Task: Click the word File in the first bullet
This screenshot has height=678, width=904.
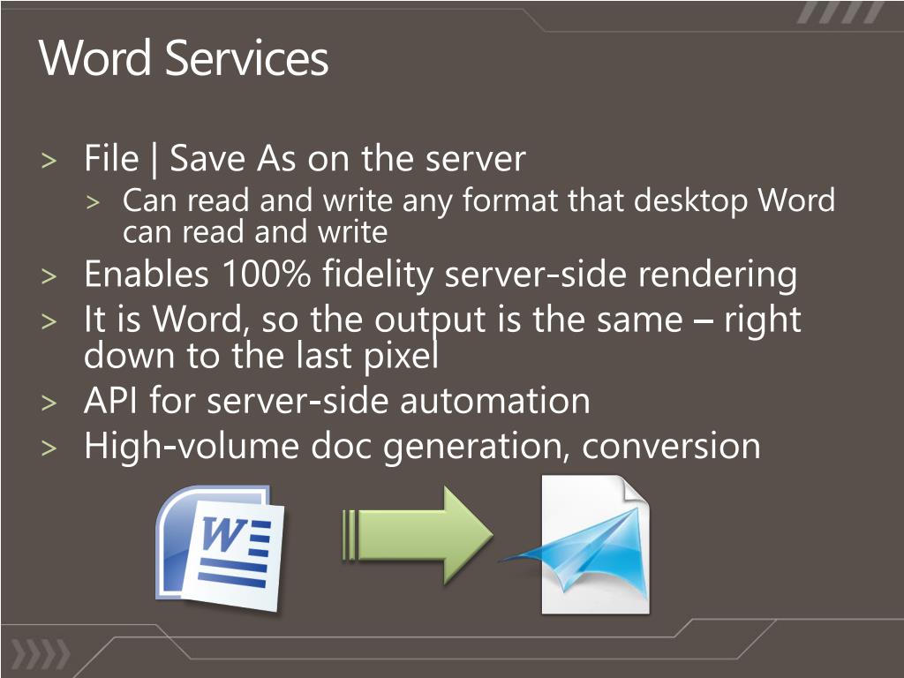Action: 111,159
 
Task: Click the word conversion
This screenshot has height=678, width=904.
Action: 671,445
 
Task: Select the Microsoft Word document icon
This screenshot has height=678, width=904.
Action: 223,547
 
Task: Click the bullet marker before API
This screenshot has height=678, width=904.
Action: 49,403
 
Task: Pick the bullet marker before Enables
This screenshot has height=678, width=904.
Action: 49,276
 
